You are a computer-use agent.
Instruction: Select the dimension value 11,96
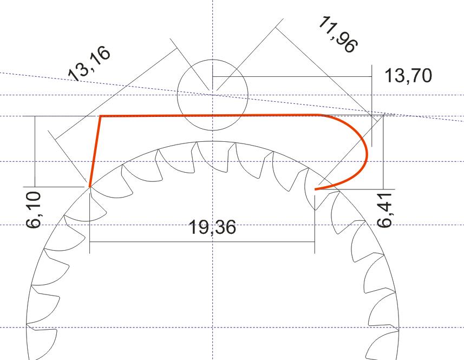pyautogui.click(x=338, y=35)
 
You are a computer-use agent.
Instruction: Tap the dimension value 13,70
pyautogui.click(x=408, y=75)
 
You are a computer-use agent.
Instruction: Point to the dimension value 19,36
pyautogui.click(x=212, y=227)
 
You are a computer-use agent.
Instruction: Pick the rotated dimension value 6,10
pyautogui.click(x=34, y=210)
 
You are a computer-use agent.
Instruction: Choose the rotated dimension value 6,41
pyautogui.click(x=385, y=210)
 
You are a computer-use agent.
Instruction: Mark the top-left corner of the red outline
pyautogui.click(x=101, y=116)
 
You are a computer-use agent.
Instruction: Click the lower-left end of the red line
pyautogui.click(x=90, y=187)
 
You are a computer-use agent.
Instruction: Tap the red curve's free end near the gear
pyautogui.click(x=315, y=189)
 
